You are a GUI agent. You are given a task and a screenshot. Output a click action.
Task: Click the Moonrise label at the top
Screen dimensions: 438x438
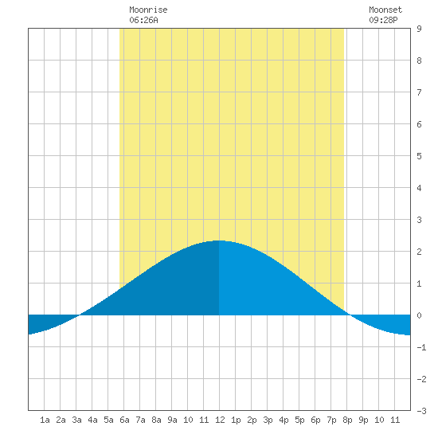coord(148,10)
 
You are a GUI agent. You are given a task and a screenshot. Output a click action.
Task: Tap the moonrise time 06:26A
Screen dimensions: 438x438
coord(143,20)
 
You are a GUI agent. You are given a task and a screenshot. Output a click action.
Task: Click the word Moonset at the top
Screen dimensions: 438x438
coord(385,10)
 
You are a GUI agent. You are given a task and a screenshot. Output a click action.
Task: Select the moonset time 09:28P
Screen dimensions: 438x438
coord(383,20)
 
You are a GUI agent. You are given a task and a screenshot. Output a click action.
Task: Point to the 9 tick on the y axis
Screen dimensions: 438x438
coord(419,29)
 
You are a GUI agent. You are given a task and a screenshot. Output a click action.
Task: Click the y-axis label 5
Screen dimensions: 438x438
coord(419,156)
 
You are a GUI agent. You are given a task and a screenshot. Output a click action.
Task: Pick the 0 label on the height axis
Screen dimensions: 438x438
coord(419,315)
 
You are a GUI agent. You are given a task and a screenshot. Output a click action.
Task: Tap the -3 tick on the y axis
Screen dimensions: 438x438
coord(421,411)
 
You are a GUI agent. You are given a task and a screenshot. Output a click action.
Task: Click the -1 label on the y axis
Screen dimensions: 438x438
coord(421,347)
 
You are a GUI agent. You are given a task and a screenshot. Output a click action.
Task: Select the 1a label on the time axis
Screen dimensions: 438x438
coord(45,420)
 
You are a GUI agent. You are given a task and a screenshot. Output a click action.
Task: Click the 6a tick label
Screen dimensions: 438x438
coord(124,420)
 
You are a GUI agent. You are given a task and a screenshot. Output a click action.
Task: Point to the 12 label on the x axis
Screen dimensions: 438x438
coord(220,420)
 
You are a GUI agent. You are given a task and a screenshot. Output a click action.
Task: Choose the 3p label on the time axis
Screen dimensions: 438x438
coord(268,420)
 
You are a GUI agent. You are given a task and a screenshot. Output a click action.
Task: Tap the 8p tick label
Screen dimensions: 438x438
coord(347,420)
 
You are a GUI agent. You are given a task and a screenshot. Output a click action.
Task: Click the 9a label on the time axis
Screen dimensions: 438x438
coord(172,420)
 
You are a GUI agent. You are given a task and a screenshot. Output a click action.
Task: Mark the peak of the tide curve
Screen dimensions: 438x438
coord(219,241)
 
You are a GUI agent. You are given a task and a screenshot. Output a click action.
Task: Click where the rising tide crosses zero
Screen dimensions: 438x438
coord(80,315)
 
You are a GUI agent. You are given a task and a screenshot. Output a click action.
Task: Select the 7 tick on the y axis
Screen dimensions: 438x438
coord(419,92)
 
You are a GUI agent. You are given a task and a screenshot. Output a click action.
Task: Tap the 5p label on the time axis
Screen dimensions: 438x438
coord(299,420)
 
